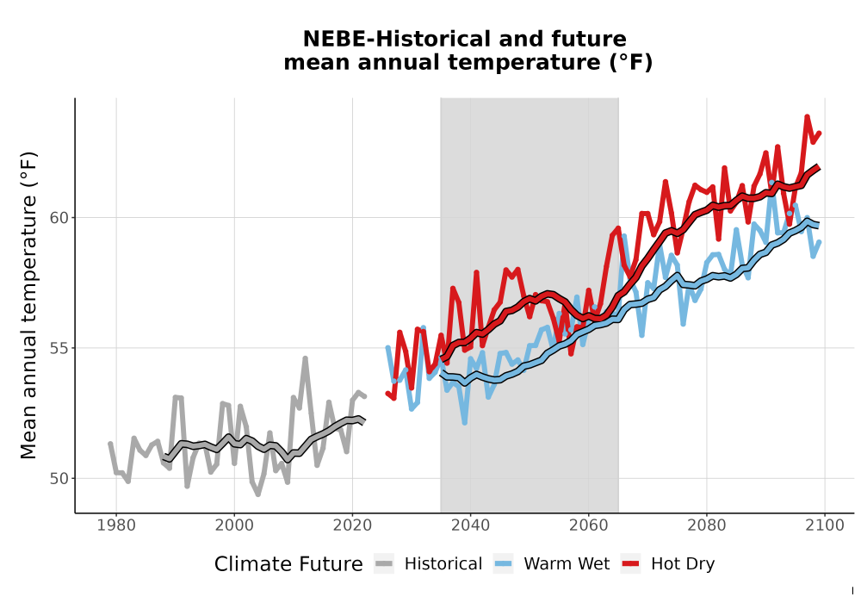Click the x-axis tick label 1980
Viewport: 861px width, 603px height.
(x=116, y=525)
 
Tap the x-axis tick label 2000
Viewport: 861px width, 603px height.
(x=234, y=525)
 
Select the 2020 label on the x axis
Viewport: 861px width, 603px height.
(x=352, y=525)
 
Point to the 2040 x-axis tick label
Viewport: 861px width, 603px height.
(x=470, y=525)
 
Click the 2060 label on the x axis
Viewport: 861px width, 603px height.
(x=588, y=525)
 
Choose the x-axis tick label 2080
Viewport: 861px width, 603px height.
(x=706, y=525)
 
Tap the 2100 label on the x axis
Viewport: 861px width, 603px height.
(x=824, y=525)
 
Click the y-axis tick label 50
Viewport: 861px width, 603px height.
(x=59, y=479)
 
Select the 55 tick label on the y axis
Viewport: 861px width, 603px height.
(x=59, y=348)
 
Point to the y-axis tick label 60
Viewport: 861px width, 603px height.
(x=59, y=218)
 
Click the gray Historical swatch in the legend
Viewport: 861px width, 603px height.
(x=384, y=564)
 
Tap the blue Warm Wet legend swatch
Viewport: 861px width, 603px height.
(x=503, y=564)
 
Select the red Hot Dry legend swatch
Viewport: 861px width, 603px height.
(x=630, y=564)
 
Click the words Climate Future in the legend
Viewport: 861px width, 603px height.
(x=288, y=564)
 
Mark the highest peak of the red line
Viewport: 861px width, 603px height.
(x=807, y=116)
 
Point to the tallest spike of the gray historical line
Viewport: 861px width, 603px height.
(x=306, y=358)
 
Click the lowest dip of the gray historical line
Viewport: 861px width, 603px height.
(x=257, y=494)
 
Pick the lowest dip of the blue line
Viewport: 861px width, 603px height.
(x=465, y=423)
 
